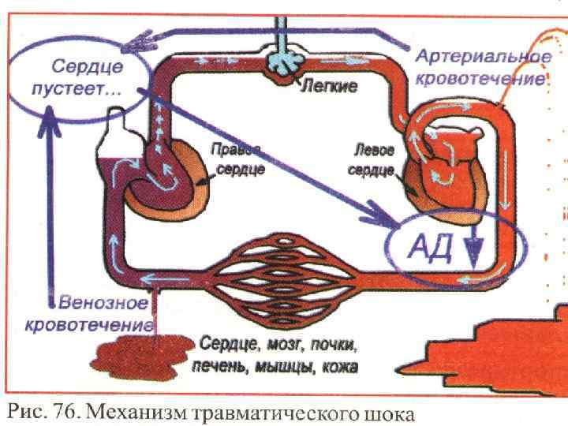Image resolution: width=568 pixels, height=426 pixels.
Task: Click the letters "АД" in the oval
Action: tap(427, 246)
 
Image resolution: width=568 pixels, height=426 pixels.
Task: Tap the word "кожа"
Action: tap(339, 367)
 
